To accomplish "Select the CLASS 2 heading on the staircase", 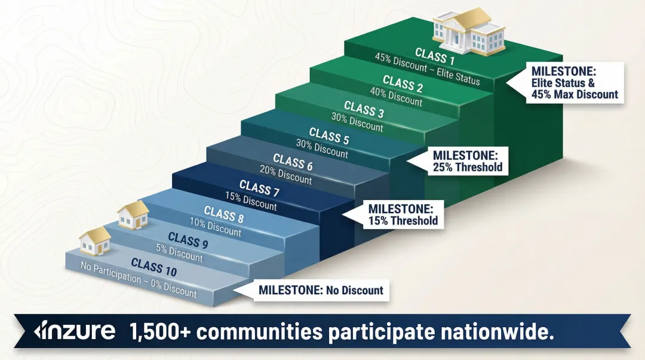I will (x=403, y=84).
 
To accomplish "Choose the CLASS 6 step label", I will (x=293, y=162).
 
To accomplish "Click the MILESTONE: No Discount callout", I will (x=321, y=291).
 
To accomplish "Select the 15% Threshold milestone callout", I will (x=403, y=214).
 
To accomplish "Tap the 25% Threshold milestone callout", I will (x=467, y=161).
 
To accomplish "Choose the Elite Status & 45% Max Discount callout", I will (x=574, y=83).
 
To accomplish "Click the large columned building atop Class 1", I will (x=468, y=30).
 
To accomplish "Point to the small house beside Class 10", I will (x=95, y=241).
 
